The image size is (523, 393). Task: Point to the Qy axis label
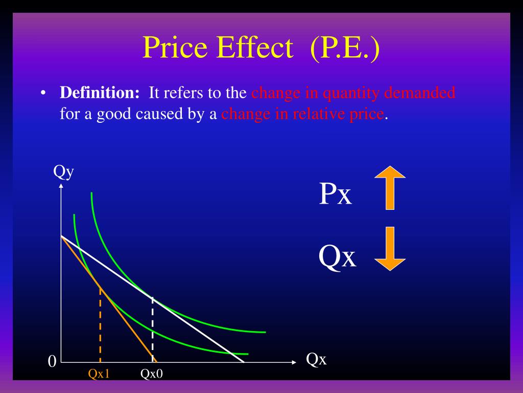pos(64,171)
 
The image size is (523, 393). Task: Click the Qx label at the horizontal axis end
pos(316,360)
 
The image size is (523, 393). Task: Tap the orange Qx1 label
pos(99,374)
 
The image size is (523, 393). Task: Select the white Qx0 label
pos(152,374)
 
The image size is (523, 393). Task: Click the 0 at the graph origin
pos(51,362)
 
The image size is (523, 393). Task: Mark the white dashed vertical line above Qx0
pos(152,327)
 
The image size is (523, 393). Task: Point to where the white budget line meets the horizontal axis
pos(244,362)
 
